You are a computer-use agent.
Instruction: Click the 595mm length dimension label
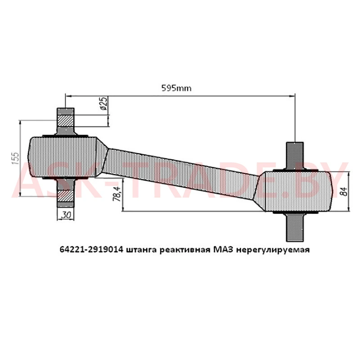click(176, 88)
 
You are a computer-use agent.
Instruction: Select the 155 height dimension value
click(15, 158)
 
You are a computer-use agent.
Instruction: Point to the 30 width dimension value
click(66, 215)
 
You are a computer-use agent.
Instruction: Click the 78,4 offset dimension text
click(117, 193)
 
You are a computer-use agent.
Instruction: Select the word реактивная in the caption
click(185, 250)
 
